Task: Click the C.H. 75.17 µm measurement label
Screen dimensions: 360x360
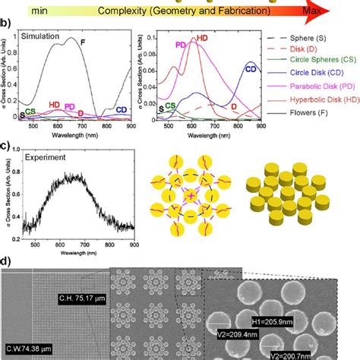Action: (x=80, y=298)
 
